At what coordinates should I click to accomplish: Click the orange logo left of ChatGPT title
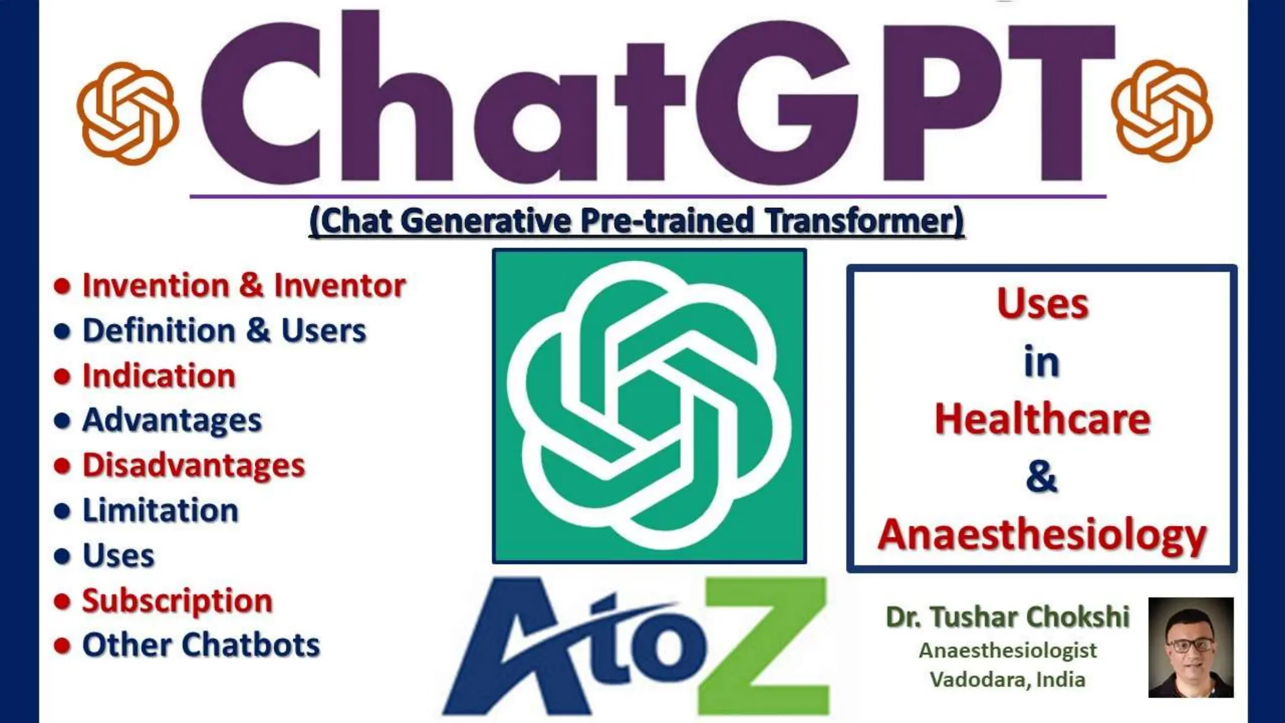[x=127, y=113]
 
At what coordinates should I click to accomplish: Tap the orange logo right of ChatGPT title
[x=1161, y=110]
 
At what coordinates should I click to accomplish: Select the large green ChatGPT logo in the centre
[x=649, y=406]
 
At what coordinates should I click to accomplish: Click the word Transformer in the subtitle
[x=865, y=221]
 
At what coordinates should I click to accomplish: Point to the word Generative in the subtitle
[x=486, y=221]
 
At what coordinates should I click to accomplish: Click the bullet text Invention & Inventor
[x=244, y=286]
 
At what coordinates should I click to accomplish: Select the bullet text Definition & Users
[x=224, y=331]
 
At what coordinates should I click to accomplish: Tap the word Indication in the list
[x=159, y=376]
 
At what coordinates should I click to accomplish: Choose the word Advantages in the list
[x=172, y=420]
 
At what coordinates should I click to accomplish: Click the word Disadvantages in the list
[x=193, y=466]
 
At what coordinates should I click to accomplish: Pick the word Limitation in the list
[x=161, y=510]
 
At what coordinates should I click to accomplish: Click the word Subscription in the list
[x=178, y=601]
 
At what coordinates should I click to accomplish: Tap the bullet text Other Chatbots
[x=201, y=645]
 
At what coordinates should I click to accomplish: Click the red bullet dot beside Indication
[x=62, y=377]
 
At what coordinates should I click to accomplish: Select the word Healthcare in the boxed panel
[x=1042, y=419]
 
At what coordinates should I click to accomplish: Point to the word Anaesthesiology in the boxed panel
[x=1042, y=535]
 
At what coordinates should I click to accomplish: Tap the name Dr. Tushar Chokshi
[x=1008, y=617]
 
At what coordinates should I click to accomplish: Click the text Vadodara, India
[x=1008, y=680]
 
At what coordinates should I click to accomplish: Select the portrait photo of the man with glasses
[x=1190, y=647]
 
